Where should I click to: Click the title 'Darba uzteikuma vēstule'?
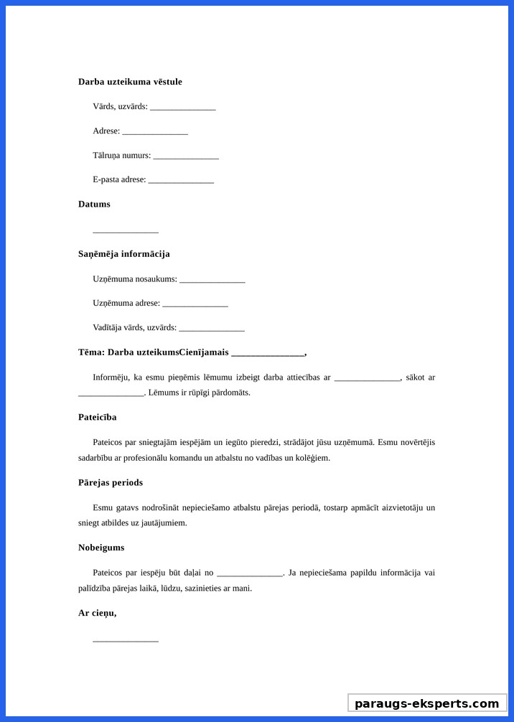(x=130, y=82)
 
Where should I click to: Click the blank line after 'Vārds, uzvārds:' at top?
(x=183, y=108)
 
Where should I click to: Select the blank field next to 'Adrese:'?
(x=155, y=132)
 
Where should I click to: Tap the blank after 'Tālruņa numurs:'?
(x=186, y=156)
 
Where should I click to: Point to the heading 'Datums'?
(x=94, y=204)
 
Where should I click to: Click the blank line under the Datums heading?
(x=126, y=231)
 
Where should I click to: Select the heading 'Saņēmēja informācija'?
(x=123, y=254)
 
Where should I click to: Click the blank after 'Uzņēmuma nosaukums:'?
(x=212, y=280)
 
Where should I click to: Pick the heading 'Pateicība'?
(x=97, y=417)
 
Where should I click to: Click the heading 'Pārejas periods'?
(x=110, y=482)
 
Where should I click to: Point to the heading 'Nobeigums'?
(x=101, y=548)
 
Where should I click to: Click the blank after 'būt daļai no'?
(x=249, y=573)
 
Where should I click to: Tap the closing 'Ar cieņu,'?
(x=97, y=613)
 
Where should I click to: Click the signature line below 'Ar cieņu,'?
(x=126, y=640)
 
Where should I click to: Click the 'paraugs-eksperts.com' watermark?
(x=427, y=703)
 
